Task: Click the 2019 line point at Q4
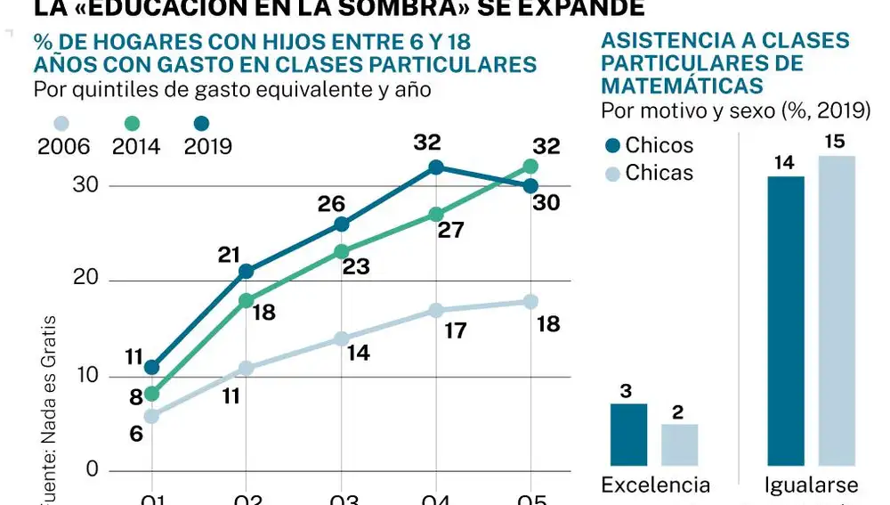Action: click(436, 167)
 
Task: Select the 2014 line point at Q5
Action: click(530, 167)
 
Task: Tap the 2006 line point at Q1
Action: click(151, 416)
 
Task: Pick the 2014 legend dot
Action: click(133, 125)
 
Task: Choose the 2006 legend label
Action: click(63, 147)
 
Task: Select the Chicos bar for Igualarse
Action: click(785, 321)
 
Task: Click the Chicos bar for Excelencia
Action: click(628, 435)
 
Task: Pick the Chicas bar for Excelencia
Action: click(679, 444)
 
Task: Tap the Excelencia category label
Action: click(656, 485)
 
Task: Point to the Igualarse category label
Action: click(811, 485)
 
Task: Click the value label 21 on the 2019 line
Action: click(231, 255)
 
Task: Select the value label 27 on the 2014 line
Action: click(452, 231)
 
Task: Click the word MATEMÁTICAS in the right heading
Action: click(682, 86)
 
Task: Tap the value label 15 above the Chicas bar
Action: click(835, 142)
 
